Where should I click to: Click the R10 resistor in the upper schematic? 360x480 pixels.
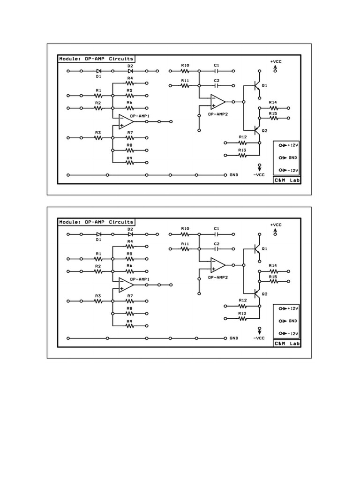point(185,71)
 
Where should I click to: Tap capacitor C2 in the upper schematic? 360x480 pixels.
point(217,86)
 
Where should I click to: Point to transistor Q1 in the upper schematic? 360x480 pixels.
point(256,85)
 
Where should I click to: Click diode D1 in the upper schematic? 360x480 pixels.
point(99,71)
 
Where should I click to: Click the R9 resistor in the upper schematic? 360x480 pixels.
point(130,163)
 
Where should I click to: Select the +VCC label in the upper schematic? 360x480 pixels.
point(276,61)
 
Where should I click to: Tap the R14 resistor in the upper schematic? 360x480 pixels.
point(273,107)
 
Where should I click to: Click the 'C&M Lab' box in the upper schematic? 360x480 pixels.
point(286,180)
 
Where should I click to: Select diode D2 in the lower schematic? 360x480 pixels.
point(130,234)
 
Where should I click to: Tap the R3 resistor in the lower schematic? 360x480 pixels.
point(98,301)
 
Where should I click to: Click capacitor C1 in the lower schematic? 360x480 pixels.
point(217,234)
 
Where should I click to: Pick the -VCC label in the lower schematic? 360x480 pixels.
point(259,337)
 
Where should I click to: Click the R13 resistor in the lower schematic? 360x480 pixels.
point(242,318)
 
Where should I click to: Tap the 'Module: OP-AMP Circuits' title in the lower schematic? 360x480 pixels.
point(96,222)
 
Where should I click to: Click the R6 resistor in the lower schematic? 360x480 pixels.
point(130,271)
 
